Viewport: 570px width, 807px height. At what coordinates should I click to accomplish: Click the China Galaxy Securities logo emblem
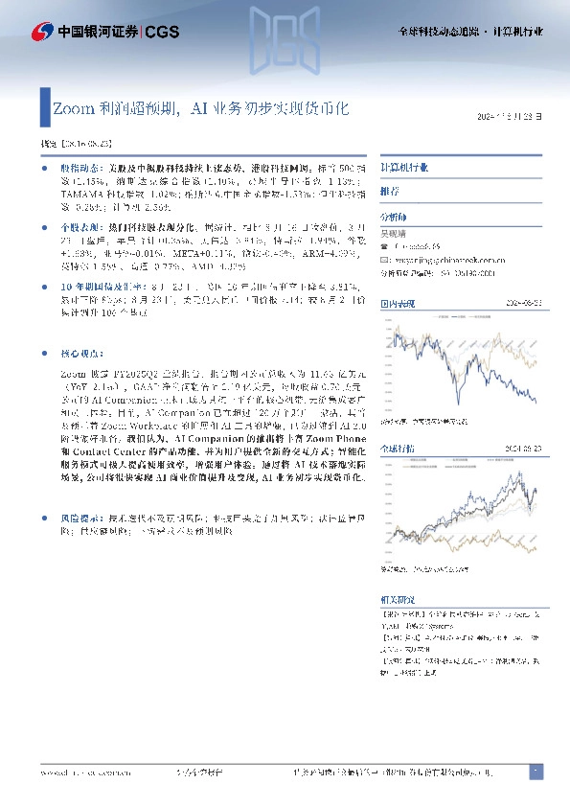tap(42, 31)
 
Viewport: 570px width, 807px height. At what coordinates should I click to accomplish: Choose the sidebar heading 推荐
tap(390, 192)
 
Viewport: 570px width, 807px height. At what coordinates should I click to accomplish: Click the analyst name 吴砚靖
tap(395, 233)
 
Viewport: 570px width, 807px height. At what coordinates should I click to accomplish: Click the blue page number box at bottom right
tap(536, 772)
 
